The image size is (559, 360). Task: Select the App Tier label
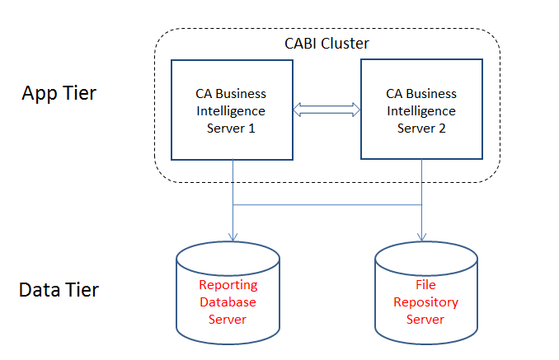click(x=59, y=93)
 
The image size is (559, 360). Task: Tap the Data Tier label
click(x=59, y=290)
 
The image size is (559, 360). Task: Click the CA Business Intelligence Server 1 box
click(x=232, y=110)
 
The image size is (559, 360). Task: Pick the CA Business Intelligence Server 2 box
click(x=421, y=110)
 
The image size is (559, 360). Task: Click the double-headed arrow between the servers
click(x=327, y=110)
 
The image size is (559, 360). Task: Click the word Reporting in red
click(x=228, y=285)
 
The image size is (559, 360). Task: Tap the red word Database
click(x=228, y=302)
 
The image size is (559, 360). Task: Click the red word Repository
click(x=425, y=302)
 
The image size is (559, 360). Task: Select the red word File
click(x=425, y=285)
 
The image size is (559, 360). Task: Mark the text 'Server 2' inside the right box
click(x=421, y=128)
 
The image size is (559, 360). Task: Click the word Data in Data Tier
click(x=41, y=290)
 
